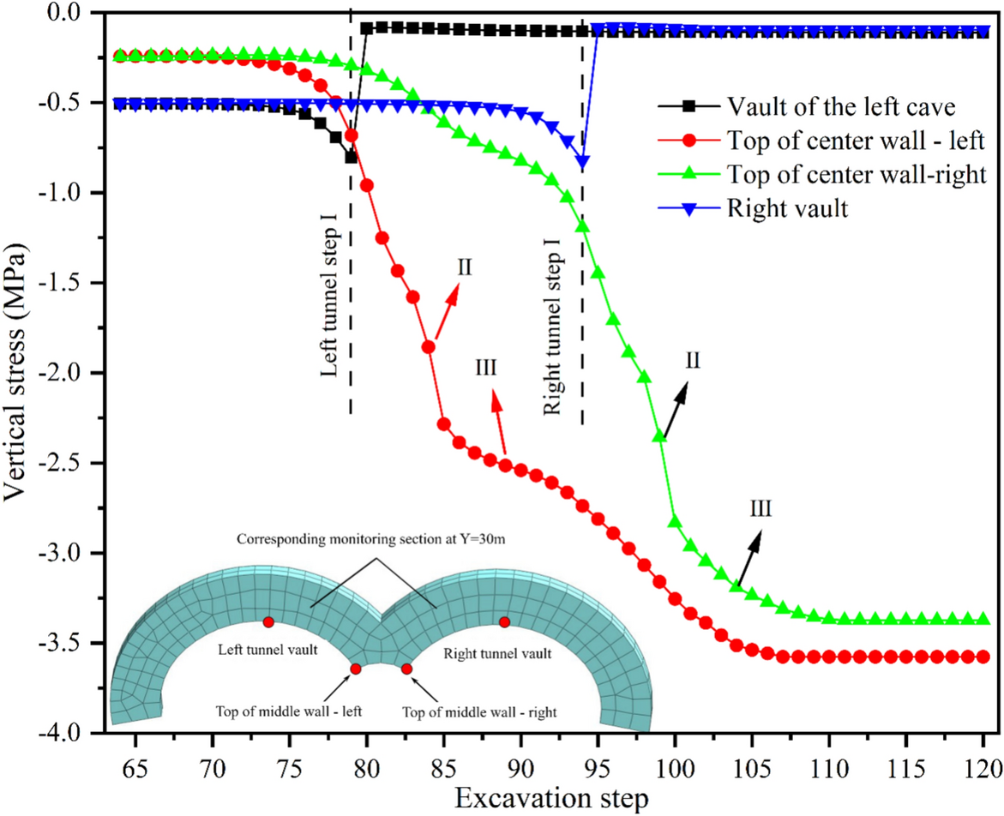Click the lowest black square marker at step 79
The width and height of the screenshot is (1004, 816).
351,157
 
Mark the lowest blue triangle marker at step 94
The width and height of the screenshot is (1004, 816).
583,161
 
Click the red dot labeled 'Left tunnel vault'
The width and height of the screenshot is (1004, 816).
268,621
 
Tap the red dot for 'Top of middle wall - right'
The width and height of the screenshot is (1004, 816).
406,669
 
